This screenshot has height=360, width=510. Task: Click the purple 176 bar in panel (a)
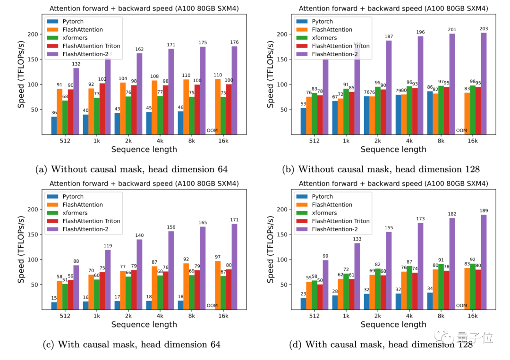coord(234,90)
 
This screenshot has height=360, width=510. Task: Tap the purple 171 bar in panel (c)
coord(234,267)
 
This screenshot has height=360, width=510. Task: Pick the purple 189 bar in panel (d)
coord(484,262)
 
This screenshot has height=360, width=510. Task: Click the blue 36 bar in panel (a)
coord(53,126)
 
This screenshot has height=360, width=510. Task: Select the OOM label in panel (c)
coord(212,306)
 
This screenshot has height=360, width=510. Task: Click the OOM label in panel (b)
coord(461,131)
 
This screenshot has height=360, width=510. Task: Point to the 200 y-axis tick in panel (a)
coord(33,34)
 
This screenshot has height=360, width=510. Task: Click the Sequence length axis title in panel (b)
coord(393,150)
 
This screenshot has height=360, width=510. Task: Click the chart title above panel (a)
coord(144,8)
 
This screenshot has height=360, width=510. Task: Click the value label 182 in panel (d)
coord(452,214)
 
